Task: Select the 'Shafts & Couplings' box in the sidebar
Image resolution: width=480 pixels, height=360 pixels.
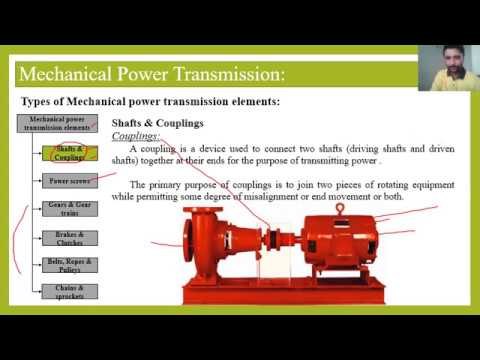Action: click(x=69, y=153)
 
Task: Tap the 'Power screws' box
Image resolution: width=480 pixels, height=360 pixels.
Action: click(x=69, y=181)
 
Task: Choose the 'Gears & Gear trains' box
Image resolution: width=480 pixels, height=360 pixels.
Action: click(x=69, y=209)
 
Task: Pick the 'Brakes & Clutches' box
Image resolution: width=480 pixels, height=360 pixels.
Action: click(x=69, y=237)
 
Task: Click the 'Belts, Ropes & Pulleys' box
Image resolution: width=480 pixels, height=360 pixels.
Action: click(x=69, y=264)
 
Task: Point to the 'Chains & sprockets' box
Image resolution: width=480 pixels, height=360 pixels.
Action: click(x=69, y=291)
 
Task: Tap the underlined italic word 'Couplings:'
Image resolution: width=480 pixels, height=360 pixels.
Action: click(x=137, y=135)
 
